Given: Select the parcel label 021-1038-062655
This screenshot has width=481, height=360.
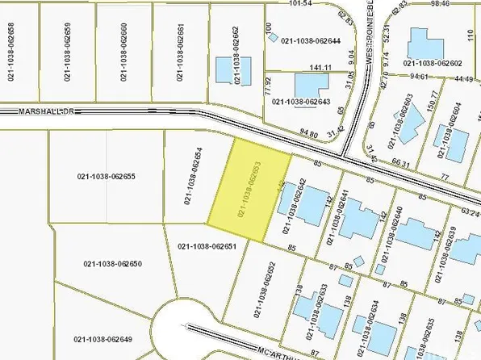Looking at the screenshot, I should [106, 177].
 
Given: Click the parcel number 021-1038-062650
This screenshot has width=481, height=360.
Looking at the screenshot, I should [113, 264].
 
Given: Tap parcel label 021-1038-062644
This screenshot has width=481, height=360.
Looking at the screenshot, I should [311, 40].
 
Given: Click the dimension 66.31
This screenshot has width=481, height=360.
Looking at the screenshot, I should [401, 161].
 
